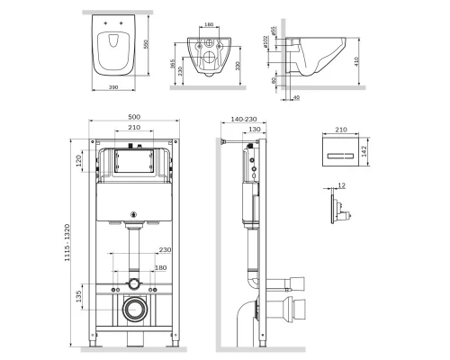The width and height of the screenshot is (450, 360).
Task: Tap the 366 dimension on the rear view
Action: point(171,66)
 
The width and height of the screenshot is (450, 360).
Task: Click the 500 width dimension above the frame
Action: point(133,117)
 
